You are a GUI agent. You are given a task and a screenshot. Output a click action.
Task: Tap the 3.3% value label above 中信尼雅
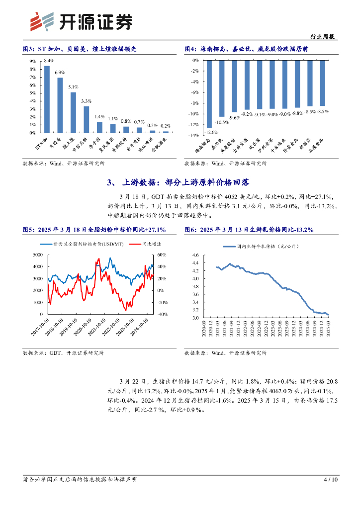pos(86,101)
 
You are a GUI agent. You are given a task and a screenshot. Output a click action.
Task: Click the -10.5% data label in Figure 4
pos(221,122)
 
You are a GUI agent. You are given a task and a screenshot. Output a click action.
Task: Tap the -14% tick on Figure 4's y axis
pos(193,135)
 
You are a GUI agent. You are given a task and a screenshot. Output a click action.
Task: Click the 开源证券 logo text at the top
pos(94,21)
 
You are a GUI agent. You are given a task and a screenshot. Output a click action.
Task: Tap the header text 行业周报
pos(322,37)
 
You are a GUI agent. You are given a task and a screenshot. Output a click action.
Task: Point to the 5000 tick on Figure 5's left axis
pos(37,254)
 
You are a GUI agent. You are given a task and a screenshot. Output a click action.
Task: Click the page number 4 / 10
pos(331,480)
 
